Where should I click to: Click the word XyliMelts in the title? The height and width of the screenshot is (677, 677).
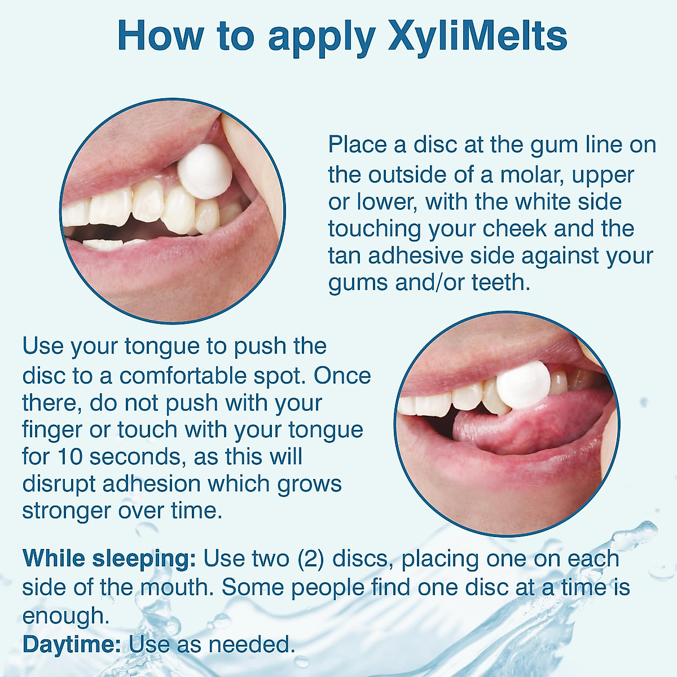477,36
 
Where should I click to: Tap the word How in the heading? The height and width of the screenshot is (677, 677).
160,36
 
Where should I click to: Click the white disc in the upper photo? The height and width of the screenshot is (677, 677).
204,171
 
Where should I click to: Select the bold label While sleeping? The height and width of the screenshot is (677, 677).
109,559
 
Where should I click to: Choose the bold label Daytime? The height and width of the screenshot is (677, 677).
72,644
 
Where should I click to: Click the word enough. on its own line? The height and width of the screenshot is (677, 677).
65,616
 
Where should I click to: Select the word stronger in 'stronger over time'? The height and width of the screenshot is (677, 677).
66,511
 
